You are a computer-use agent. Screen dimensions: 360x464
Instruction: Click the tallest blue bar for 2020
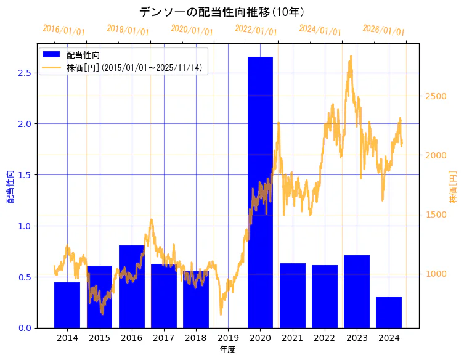260,192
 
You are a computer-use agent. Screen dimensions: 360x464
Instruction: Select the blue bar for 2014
67,305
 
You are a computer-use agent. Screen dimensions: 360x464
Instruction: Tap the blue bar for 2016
131,287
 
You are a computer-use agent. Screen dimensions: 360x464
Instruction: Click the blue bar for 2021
293,295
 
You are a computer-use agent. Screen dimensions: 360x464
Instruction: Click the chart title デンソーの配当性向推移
221,12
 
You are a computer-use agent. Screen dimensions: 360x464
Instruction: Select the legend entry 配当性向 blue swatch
52,55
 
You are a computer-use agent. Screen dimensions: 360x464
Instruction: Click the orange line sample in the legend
52,67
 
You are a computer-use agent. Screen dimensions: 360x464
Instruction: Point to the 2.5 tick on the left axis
25,73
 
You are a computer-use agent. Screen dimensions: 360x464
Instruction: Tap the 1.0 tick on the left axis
25,226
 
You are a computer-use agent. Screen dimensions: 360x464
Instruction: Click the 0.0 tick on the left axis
25,328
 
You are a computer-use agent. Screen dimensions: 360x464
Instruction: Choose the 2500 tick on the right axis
433,96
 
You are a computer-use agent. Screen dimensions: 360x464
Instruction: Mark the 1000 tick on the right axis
433,274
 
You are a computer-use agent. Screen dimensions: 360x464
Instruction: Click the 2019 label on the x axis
228,338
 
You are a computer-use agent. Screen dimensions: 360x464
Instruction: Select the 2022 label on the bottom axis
325,338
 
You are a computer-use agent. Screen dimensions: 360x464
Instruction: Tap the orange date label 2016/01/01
64,30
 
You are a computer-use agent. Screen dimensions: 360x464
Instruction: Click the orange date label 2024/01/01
320,30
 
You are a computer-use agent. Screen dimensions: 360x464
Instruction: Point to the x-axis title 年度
228,350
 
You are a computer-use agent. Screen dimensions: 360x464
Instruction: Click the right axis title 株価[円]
453,187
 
